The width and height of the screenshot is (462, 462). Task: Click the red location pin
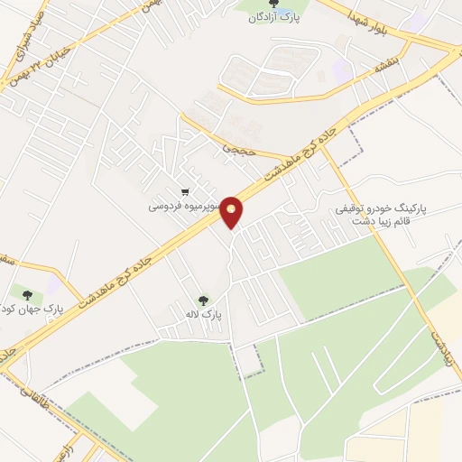point(233,212)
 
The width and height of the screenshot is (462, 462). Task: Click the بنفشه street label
point(374,66)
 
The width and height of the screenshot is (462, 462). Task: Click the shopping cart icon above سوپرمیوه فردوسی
point(185,191)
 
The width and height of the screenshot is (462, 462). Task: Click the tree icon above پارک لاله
point(202,300)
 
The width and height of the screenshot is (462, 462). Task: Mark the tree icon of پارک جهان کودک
point(26,295)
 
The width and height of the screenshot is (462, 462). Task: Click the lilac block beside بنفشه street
point(342,69)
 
